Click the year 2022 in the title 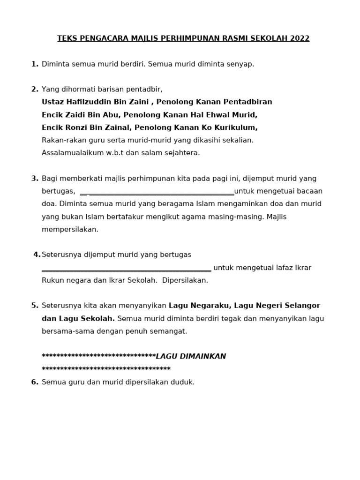coord(300,38)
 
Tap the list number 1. coord(35,64)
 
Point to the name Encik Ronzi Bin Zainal coord(86,127)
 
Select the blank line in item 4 coord(127,269)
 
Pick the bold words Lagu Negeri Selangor coord(277,306)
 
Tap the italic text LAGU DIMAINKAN coord(191,357)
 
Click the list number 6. coord(35,382)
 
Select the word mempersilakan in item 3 coord(70,230)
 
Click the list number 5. coord(35,306)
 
